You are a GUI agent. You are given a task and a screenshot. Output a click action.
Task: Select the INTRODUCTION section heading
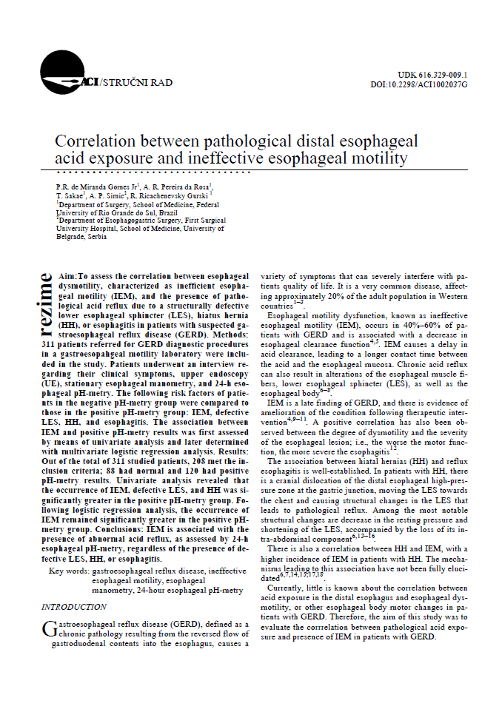click(73, 606)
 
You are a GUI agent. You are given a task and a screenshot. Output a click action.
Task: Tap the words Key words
click(67, 571)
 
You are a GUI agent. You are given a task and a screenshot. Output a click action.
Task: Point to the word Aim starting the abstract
click(67, 273)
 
